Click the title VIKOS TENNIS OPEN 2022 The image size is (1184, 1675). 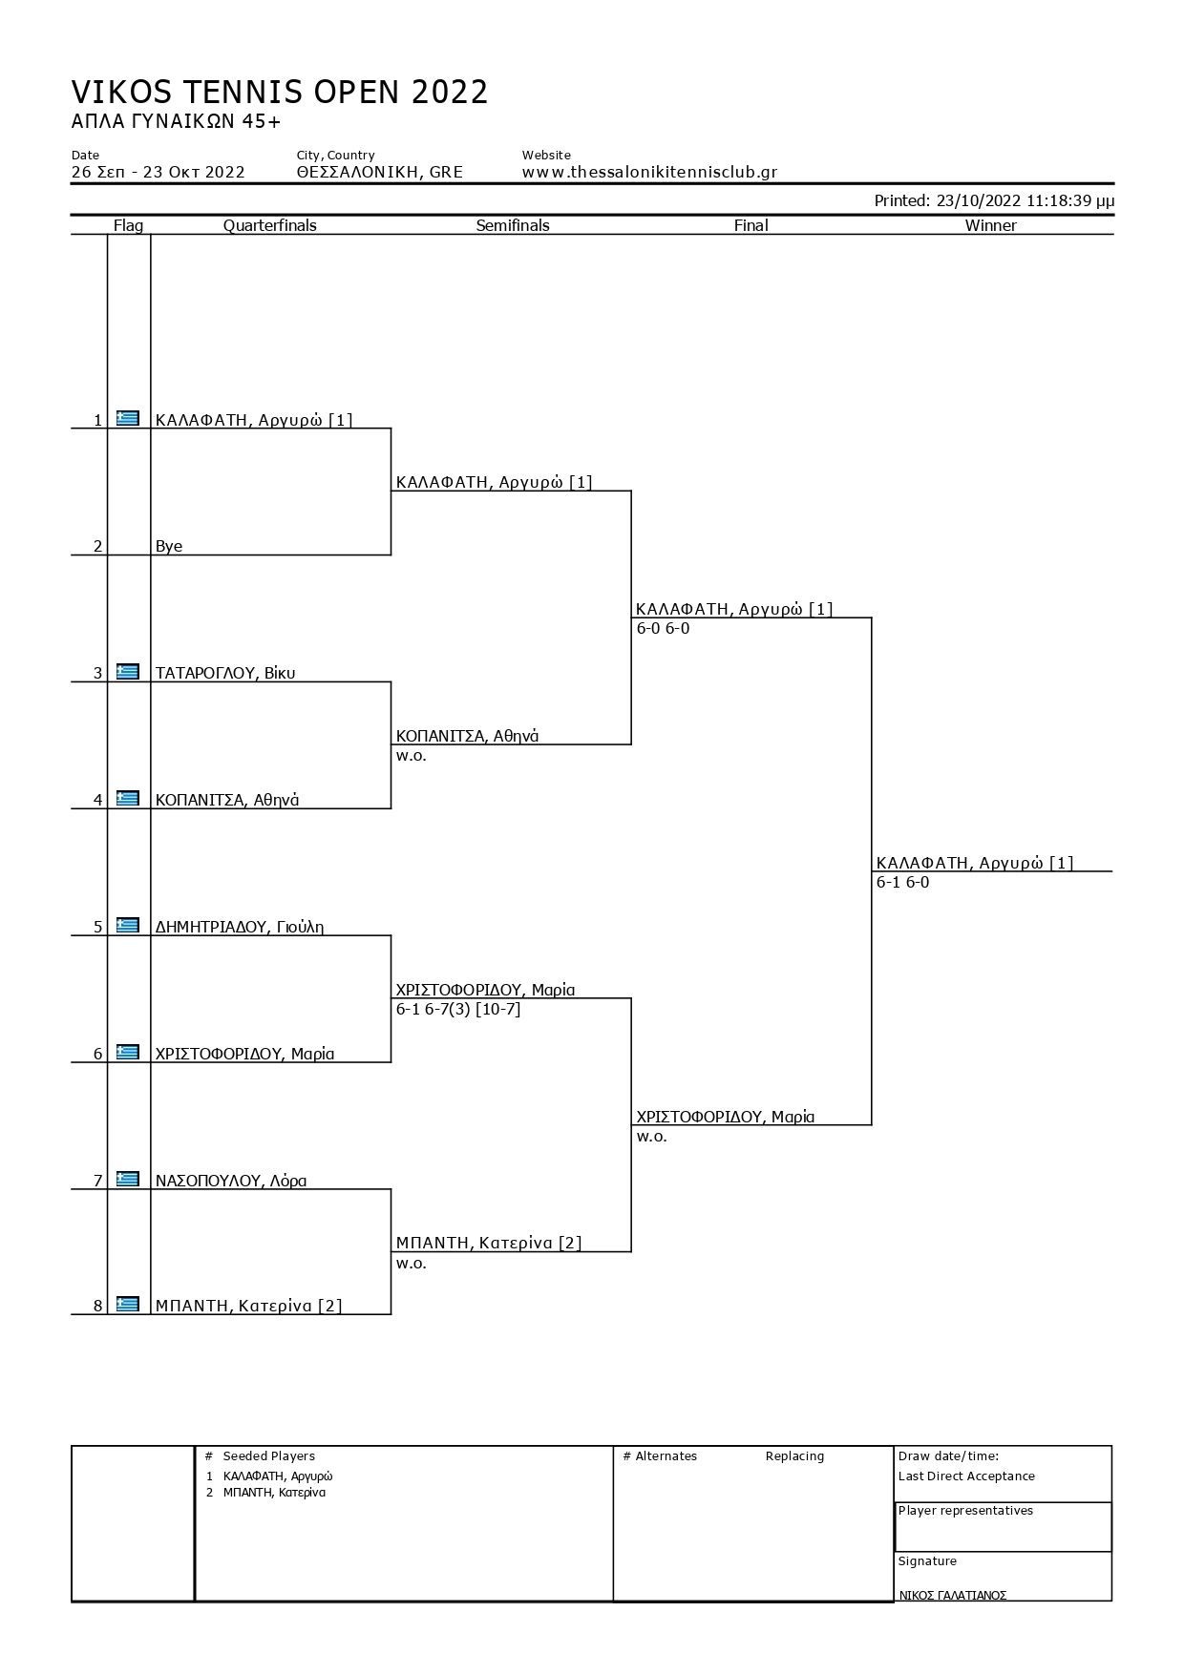pos(280,93)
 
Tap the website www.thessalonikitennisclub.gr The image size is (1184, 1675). pos(649,173)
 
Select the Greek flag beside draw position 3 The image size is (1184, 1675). pos(128,672)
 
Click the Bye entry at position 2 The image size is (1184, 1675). pos(169,546)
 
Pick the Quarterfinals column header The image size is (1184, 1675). pos(270,225)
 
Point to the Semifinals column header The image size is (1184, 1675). pos(513,225)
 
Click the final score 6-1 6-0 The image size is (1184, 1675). pos(902,882)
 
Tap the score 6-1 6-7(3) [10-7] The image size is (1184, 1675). pos(458,1009)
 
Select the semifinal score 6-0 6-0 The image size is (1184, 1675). pos(663,628)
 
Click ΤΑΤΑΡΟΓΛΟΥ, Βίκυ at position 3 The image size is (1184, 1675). pos(225,673)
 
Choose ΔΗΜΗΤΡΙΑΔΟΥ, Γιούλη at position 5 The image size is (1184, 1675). pos(240,927)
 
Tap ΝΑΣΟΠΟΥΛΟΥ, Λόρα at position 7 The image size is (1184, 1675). pos(231,1181)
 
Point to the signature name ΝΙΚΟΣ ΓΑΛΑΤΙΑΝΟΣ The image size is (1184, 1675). pos(952,1595)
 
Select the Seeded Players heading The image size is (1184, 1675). pos(268,1455)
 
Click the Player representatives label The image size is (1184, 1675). pos(965,1510)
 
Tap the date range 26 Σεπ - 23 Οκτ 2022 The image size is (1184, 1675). pos(159,173)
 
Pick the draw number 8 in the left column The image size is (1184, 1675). pos(97,1307)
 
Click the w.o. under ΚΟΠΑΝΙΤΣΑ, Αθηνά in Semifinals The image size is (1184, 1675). pos(412,756)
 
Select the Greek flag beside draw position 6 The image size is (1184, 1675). pos(128,1052)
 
